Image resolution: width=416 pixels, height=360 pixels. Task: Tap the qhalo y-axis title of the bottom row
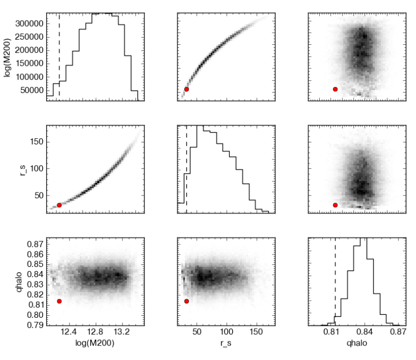tap(8, 281)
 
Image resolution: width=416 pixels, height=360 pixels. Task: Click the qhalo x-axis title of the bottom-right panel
tap(356, 343)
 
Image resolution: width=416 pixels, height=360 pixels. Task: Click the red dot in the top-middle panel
tap(186, 89)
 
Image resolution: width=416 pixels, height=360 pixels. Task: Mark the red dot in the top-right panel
tap(335, 89)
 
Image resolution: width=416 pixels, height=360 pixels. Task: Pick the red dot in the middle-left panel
tap(59, 205)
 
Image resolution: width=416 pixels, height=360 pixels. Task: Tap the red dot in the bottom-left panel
tap(59, 301)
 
